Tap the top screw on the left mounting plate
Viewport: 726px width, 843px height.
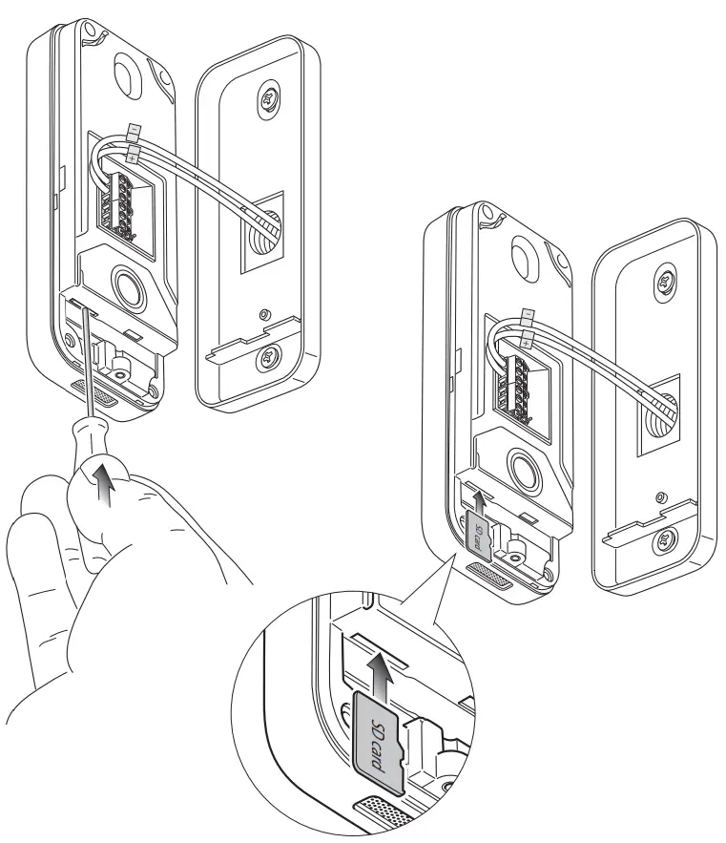point(267,99)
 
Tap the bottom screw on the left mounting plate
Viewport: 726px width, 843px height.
point(266,360)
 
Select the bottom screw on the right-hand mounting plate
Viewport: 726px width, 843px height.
point(660,546)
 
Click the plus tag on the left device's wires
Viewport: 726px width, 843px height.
point(133,151)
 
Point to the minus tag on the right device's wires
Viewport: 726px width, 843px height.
point(528,314)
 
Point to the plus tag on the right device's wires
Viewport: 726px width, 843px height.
point(528,337)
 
